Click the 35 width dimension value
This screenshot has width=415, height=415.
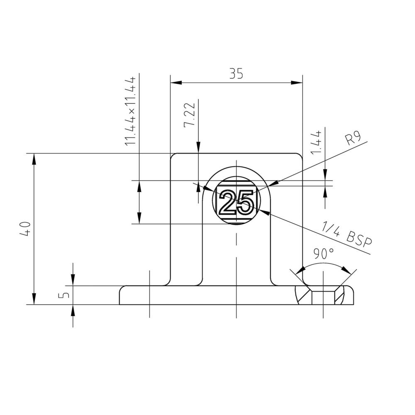pos(236,73)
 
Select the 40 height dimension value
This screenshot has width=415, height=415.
pos(26,229)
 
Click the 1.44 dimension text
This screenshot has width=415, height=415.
pos(317,143)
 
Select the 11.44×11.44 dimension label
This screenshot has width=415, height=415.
pos(131,111)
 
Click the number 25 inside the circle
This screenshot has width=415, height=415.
pos(236,202)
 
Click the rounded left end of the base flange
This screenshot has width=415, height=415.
pos(122,295)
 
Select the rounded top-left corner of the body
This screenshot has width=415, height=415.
pos(173,156)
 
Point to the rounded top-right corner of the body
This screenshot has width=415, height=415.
pos(299,156)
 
